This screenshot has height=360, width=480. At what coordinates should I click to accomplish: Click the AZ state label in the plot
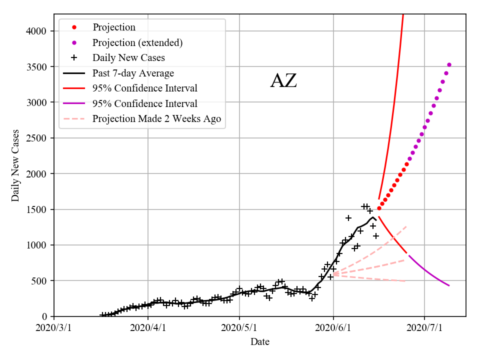tap(283, 80)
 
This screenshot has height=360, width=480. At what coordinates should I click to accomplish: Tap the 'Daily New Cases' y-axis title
tap(15, 165)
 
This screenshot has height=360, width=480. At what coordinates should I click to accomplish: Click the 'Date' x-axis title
tap(260, 342)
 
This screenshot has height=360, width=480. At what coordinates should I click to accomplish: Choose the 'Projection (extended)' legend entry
tap(137, 42)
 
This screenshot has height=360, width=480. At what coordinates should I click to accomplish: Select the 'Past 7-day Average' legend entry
tap(133, 73)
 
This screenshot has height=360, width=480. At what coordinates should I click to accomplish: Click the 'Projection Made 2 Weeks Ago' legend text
tap(156, 118)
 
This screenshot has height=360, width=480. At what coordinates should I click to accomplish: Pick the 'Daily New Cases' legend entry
tap(128, 57)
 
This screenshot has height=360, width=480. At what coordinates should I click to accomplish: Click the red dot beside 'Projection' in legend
tap(74, 27)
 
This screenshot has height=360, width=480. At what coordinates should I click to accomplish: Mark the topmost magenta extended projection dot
tap(449, 64)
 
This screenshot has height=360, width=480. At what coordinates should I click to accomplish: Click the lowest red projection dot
tap(379, 208)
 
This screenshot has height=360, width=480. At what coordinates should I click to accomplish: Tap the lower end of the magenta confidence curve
tap(449, 285)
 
